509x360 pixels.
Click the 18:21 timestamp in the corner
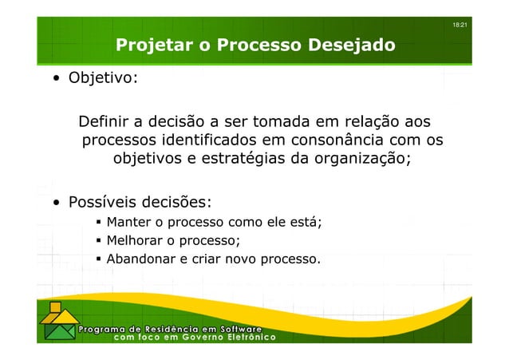[x=460, y=27]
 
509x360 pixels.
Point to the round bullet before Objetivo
[x=57, y=81]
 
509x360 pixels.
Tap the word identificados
[x=200, y=140]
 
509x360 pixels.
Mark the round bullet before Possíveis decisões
[x=57, y=201]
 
